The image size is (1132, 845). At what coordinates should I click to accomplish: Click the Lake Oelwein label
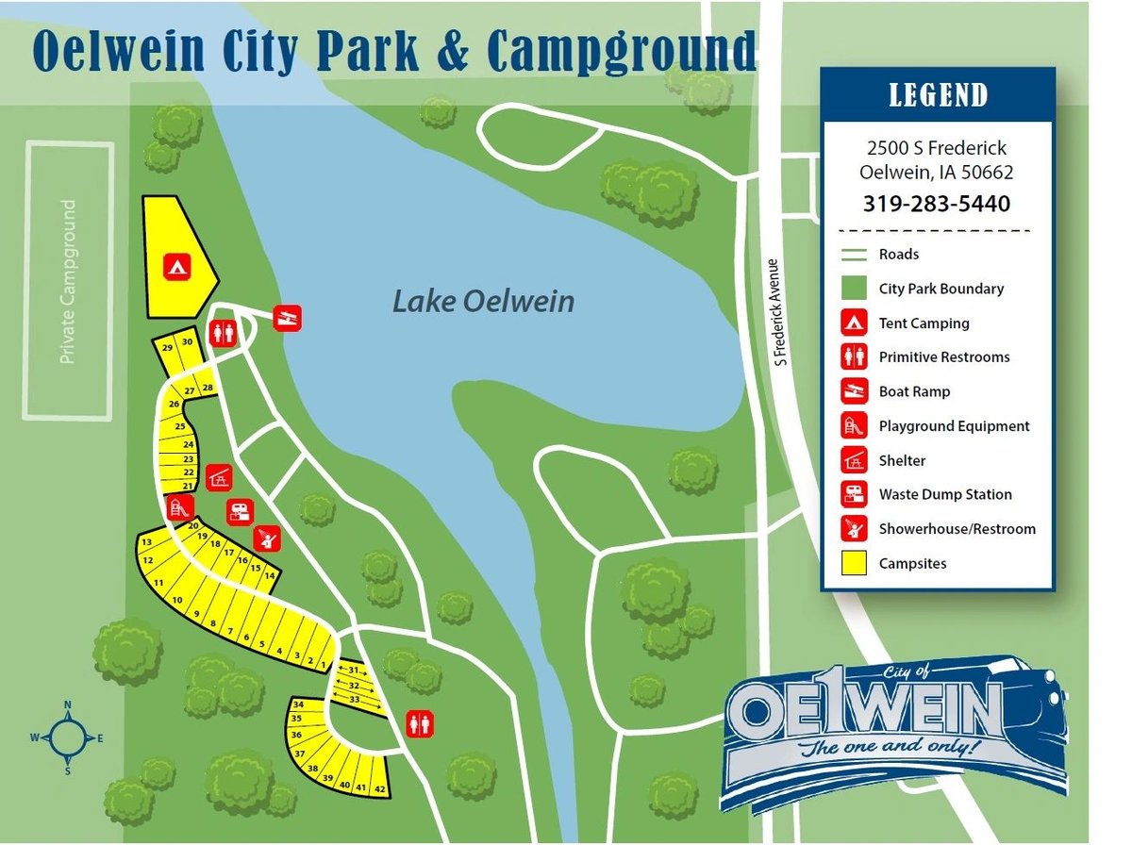tap(483, 302)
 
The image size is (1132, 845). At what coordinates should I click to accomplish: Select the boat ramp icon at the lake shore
tap(287, 319)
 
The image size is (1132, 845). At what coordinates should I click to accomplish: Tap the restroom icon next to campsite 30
tap(224, 333)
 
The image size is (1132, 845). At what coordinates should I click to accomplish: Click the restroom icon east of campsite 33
tap(420, 723)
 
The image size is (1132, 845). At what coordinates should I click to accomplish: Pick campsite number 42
tap(380, 787)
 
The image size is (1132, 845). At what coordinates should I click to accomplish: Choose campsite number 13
tap(146, 543)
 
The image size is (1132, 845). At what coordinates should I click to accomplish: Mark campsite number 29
tap(168, 348)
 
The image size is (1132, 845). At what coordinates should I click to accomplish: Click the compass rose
tap(68, 738)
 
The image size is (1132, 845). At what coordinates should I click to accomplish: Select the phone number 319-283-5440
tap(936, 204)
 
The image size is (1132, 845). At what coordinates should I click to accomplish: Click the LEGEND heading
tap(938, 95)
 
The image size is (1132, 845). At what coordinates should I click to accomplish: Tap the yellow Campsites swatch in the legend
tap(855, 563)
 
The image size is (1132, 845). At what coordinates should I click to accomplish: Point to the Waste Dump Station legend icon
tap(855, 494)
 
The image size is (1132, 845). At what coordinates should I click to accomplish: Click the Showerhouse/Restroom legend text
tap(957, 529)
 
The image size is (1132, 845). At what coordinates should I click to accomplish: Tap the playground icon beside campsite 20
tap(179, 506)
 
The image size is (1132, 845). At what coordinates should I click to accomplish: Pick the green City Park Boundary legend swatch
tap(855, 289)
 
